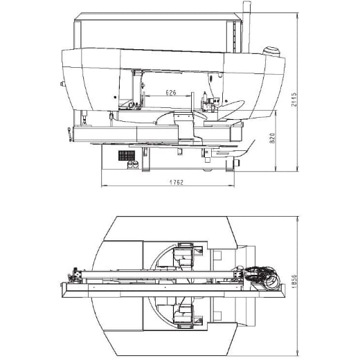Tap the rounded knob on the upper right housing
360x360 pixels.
pos(271,50)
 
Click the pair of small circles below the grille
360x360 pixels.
pos(131,165)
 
